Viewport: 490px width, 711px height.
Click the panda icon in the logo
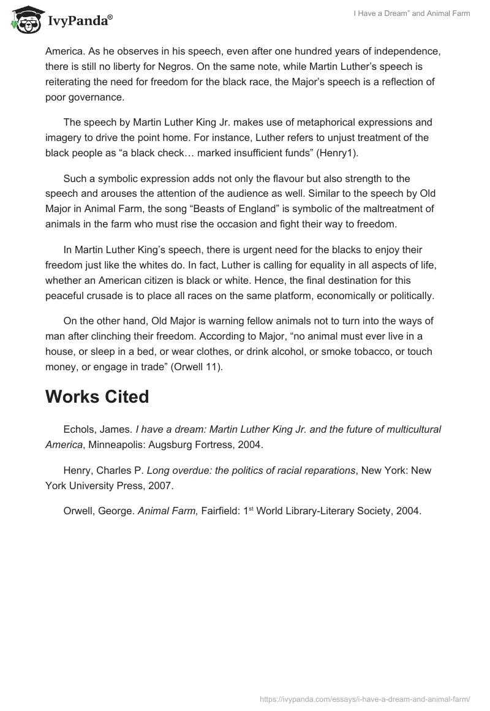tap(23, 20)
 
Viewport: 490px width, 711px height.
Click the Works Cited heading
tap(97, 397)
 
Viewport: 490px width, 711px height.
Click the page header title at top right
tap(412, 13)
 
